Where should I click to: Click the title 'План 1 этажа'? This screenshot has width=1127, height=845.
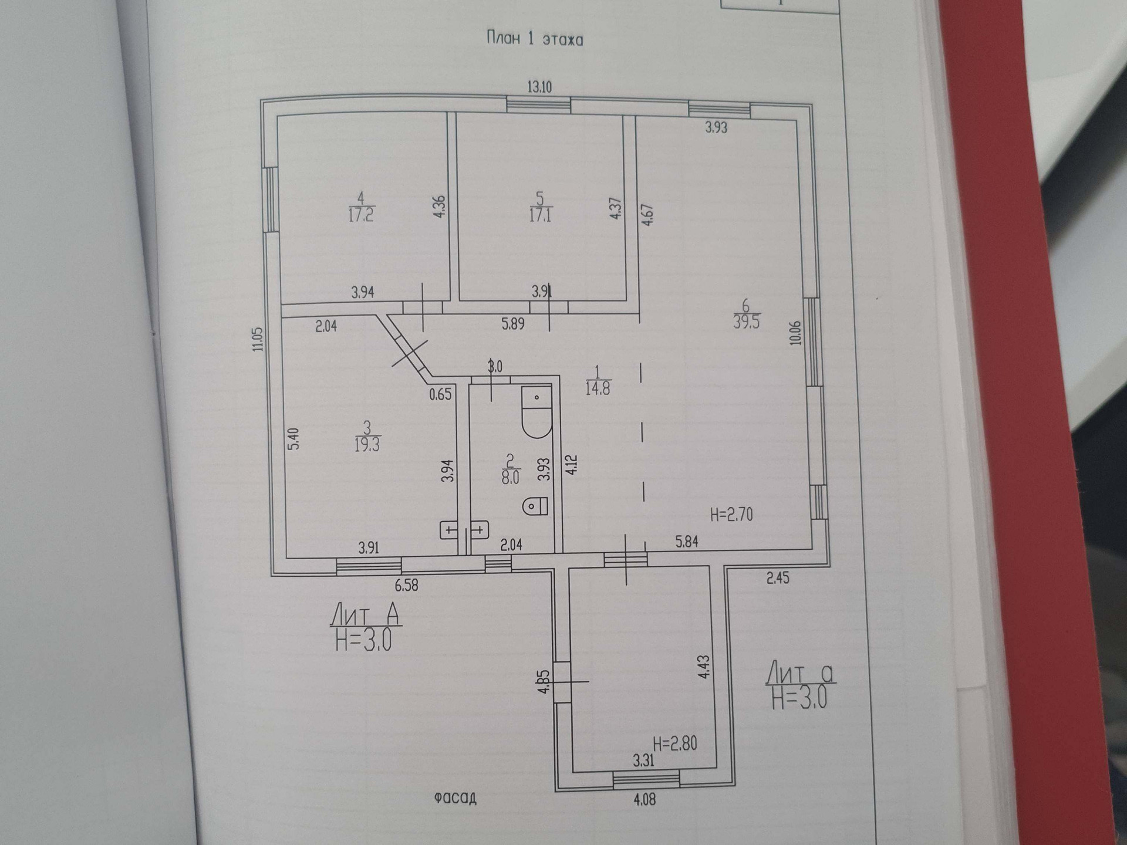pos(535,39)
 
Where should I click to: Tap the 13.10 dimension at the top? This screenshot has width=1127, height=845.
pos(539,87)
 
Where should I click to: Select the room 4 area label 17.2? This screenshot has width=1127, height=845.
pos(360,214)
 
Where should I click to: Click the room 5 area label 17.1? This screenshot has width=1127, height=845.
pos(540,214)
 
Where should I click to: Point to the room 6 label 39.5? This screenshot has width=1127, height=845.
pos(745,322)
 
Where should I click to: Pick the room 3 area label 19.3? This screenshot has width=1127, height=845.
pos(367,444)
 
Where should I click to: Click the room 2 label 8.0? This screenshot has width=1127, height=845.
pos(510,477)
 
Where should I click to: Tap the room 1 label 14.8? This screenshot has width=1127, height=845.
pos(598,388)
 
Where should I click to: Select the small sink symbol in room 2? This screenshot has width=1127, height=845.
pos(535,506)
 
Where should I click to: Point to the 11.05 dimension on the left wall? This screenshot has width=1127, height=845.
pos(258,339)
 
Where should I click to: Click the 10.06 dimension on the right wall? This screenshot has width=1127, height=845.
pos(795,332)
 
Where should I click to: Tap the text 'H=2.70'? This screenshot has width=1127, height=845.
pos(731,515)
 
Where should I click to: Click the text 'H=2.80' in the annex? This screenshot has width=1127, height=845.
pos(675,743)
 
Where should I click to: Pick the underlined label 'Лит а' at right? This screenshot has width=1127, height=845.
pos(800,673)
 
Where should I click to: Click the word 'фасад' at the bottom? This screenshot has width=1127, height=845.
pos(455,797)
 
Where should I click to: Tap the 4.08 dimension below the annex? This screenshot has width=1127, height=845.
pos(644,799)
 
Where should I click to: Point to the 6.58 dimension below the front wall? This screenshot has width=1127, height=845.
pos(406,585)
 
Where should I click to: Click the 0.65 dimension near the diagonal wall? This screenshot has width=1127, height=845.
pos(440,394)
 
